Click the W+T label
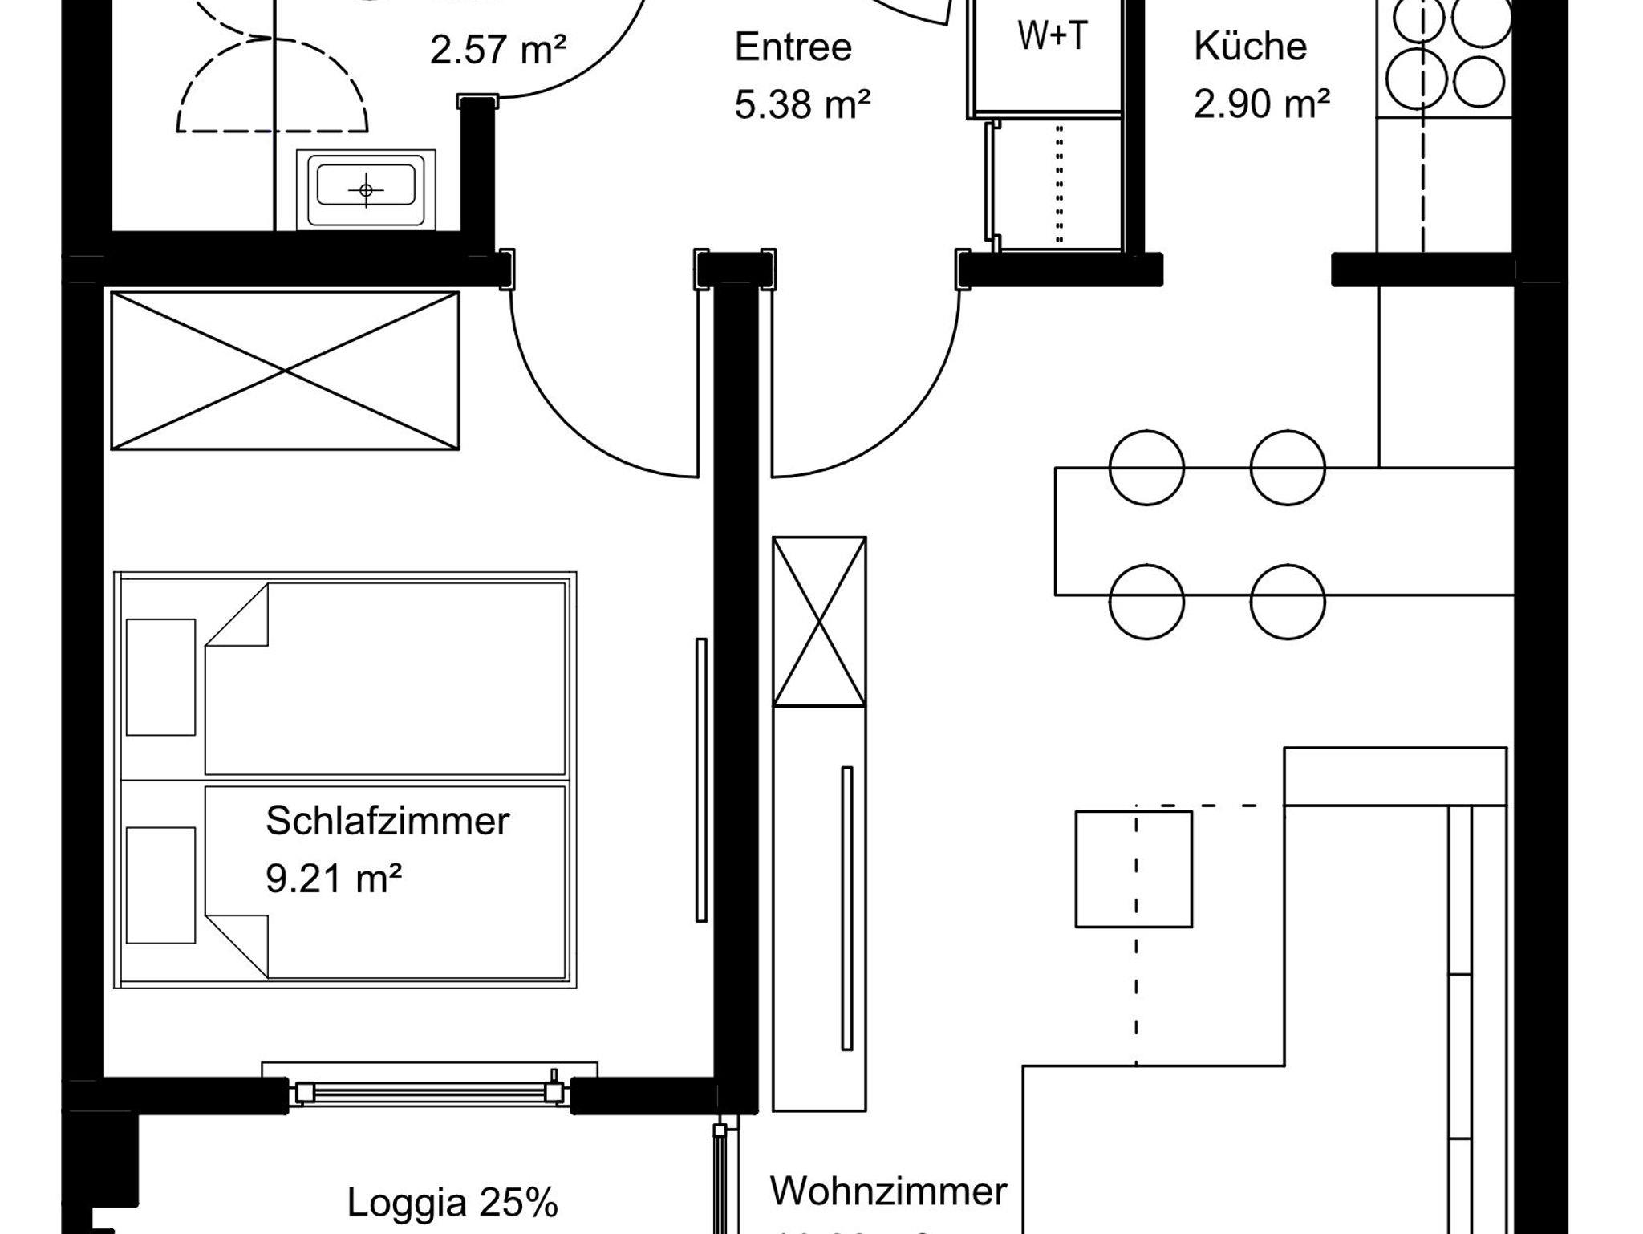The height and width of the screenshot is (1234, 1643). tap(1052, 36)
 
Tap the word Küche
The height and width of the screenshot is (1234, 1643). tap(1250, 47)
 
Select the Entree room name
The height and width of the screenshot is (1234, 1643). tap(793, 47)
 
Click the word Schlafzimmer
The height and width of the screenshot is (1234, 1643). tap(387, 821)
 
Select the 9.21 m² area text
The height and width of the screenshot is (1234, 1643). tap(333, 879)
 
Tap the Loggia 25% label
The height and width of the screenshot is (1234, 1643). tap(452, 1203)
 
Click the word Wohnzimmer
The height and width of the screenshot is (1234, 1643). tap(888, 1191)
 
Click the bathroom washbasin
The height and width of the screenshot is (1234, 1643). tap(367, 189)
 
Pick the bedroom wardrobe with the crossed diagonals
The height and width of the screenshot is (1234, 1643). tap(285, 371)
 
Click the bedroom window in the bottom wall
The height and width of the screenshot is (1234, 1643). tap(429, 1092)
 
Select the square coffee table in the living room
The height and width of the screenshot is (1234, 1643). tap(1133, 869)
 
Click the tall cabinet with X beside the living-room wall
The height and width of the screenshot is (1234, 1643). tap(819, 622)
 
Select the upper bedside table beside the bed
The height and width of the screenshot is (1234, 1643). tap(160, 676)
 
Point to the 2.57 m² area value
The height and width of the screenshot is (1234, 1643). tap(498, 50)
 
